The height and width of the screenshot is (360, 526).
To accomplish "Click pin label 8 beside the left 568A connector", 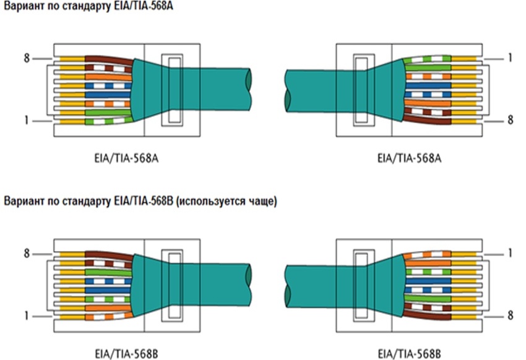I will [x=26, y=59].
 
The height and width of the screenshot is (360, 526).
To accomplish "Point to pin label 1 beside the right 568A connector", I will [x=509, y=59].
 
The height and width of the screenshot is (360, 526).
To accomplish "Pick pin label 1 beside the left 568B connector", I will [x=26, y=316].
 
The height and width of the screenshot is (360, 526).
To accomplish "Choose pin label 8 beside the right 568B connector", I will [x=509, y=316].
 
